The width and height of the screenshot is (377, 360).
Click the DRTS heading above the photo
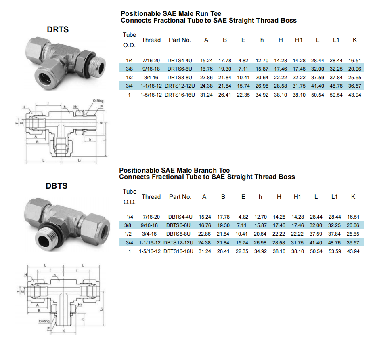tap(58, 29)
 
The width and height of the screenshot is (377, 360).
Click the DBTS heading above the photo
tap(57, 186)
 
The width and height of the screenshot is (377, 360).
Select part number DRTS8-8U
tap(180, 78)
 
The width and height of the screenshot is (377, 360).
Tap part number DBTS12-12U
tap(178, 243)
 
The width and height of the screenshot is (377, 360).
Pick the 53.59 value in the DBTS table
tap(335, 251)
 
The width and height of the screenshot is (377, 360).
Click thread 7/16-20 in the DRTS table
tap(151, 60)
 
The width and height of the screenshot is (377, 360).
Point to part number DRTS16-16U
tap(180, 95)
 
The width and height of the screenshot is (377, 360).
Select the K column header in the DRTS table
tap(355, 40)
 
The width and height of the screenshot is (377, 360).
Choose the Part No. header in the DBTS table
tap(180, 197)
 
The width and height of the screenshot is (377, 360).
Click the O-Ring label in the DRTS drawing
tap(98, 101)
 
